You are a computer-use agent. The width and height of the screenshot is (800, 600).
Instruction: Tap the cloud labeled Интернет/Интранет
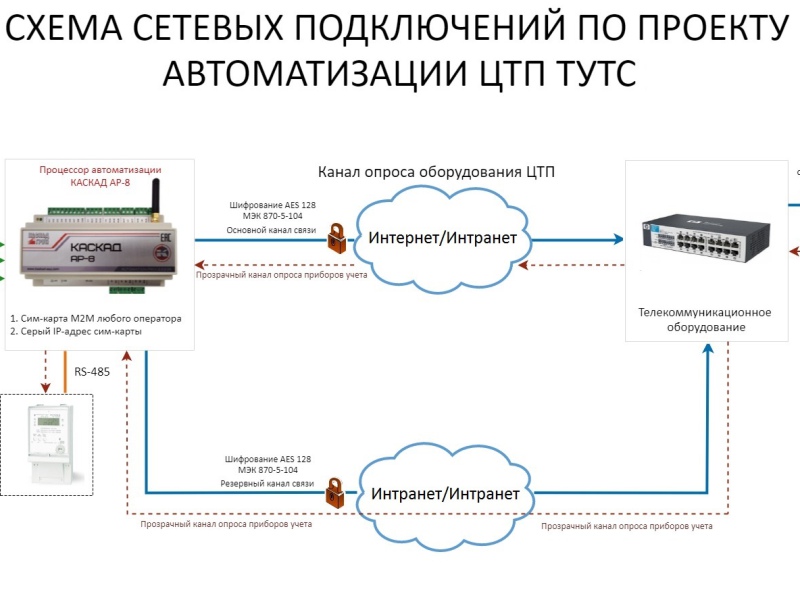pos(443,239)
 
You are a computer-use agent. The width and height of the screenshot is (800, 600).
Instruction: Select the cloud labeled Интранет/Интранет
pos(446,494)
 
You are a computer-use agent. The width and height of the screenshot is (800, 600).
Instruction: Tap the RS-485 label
pos(92,372)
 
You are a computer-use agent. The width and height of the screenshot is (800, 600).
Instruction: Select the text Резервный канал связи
pos(268,484)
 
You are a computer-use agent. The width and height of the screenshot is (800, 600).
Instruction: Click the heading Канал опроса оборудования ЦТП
pos(436,172)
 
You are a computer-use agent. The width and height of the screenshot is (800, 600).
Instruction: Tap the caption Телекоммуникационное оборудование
pos(691,319)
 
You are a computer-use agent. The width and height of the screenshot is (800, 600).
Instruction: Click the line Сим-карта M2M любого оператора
pos(96,318)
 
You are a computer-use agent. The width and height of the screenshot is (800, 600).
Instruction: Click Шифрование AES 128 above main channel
pos(268,205)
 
